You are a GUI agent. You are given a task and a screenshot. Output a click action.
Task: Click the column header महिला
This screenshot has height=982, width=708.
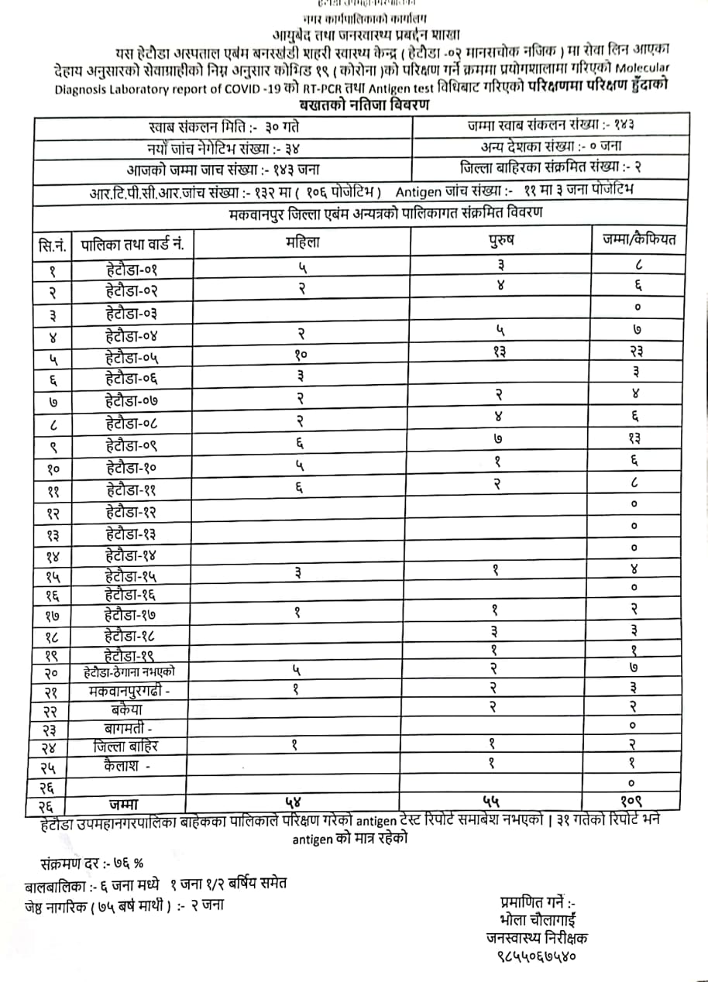(x=302, y=242)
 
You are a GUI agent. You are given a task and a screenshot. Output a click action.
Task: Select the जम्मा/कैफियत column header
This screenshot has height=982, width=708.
(x=639, y=240)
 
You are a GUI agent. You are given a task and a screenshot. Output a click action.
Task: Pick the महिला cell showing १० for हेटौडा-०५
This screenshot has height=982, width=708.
(x=301, y=355)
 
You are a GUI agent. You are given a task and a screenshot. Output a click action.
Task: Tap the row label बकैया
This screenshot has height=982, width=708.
(x=126, y=709)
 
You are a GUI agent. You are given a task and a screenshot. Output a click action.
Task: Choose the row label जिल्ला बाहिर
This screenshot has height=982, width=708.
(x=126, y=747)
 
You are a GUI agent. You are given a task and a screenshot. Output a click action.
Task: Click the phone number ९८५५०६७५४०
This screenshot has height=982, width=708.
(x=536, y=956)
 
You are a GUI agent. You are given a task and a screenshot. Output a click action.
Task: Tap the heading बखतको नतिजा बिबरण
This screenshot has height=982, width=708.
(x=364, y=105)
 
